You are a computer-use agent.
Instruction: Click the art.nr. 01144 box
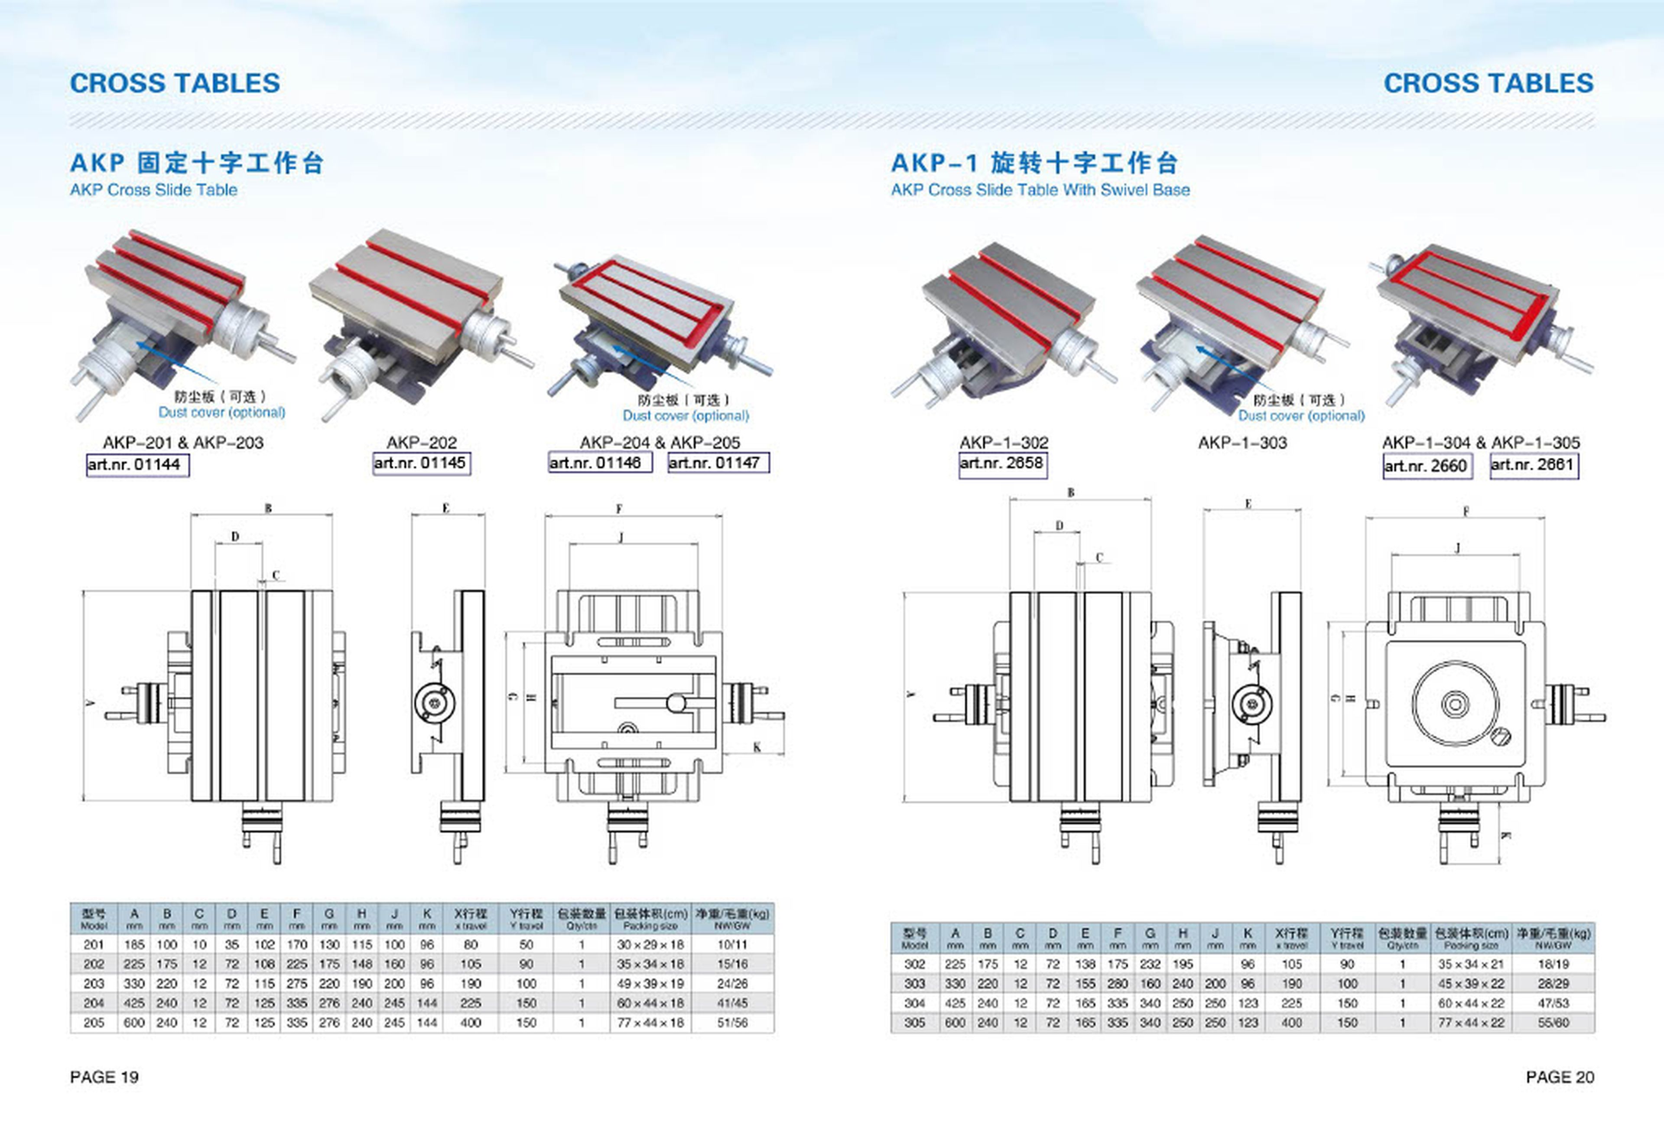137,465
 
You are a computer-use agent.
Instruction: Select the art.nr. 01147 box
718,463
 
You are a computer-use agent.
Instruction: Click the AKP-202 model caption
421,443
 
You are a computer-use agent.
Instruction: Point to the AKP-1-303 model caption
1242,443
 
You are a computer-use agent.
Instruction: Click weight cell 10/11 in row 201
732,945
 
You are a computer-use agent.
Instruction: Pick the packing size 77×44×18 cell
650,1023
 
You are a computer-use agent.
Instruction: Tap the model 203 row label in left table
94,983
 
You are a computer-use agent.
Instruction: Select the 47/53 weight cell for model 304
1553,1003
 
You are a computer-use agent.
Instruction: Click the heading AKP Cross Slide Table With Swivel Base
1040,190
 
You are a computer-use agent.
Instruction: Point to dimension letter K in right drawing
1505,835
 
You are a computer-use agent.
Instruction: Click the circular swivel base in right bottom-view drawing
1455,704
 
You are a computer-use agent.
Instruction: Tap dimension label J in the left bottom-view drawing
621,537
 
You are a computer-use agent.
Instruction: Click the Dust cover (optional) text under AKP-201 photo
222,413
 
